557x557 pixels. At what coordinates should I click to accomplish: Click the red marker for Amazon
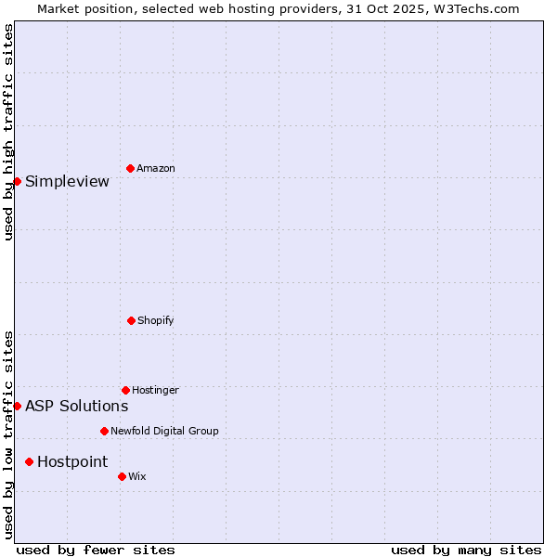(130, 168)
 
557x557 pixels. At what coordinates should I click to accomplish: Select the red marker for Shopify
(131, 320)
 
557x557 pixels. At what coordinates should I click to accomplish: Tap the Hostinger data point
(125, 390)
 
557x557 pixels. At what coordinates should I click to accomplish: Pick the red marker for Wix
(122, 476)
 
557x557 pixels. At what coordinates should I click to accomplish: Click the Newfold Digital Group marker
(104, 431)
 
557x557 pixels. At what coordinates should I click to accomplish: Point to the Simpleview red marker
(17, 181)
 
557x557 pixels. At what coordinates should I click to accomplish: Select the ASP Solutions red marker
(17, 406)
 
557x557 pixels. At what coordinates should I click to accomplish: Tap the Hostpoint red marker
(29, 461)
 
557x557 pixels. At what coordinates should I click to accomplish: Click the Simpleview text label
(67, 181)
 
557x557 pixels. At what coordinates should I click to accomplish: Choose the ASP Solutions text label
(76, 406)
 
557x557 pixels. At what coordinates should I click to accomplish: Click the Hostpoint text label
(72, 461)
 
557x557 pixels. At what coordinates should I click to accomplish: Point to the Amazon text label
(156, 168)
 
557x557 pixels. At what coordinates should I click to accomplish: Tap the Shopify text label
(156, 320)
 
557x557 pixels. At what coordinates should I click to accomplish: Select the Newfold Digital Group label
(164, 431)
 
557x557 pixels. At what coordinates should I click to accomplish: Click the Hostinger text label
(155, 390)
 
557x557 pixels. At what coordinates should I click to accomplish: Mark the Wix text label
(137, 476)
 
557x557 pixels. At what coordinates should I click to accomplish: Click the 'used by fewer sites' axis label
(96, 550)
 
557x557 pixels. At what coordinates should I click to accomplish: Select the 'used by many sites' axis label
(466, 550)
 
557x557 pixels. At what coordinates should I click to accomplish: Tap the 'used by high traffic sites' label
(8, 132)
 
